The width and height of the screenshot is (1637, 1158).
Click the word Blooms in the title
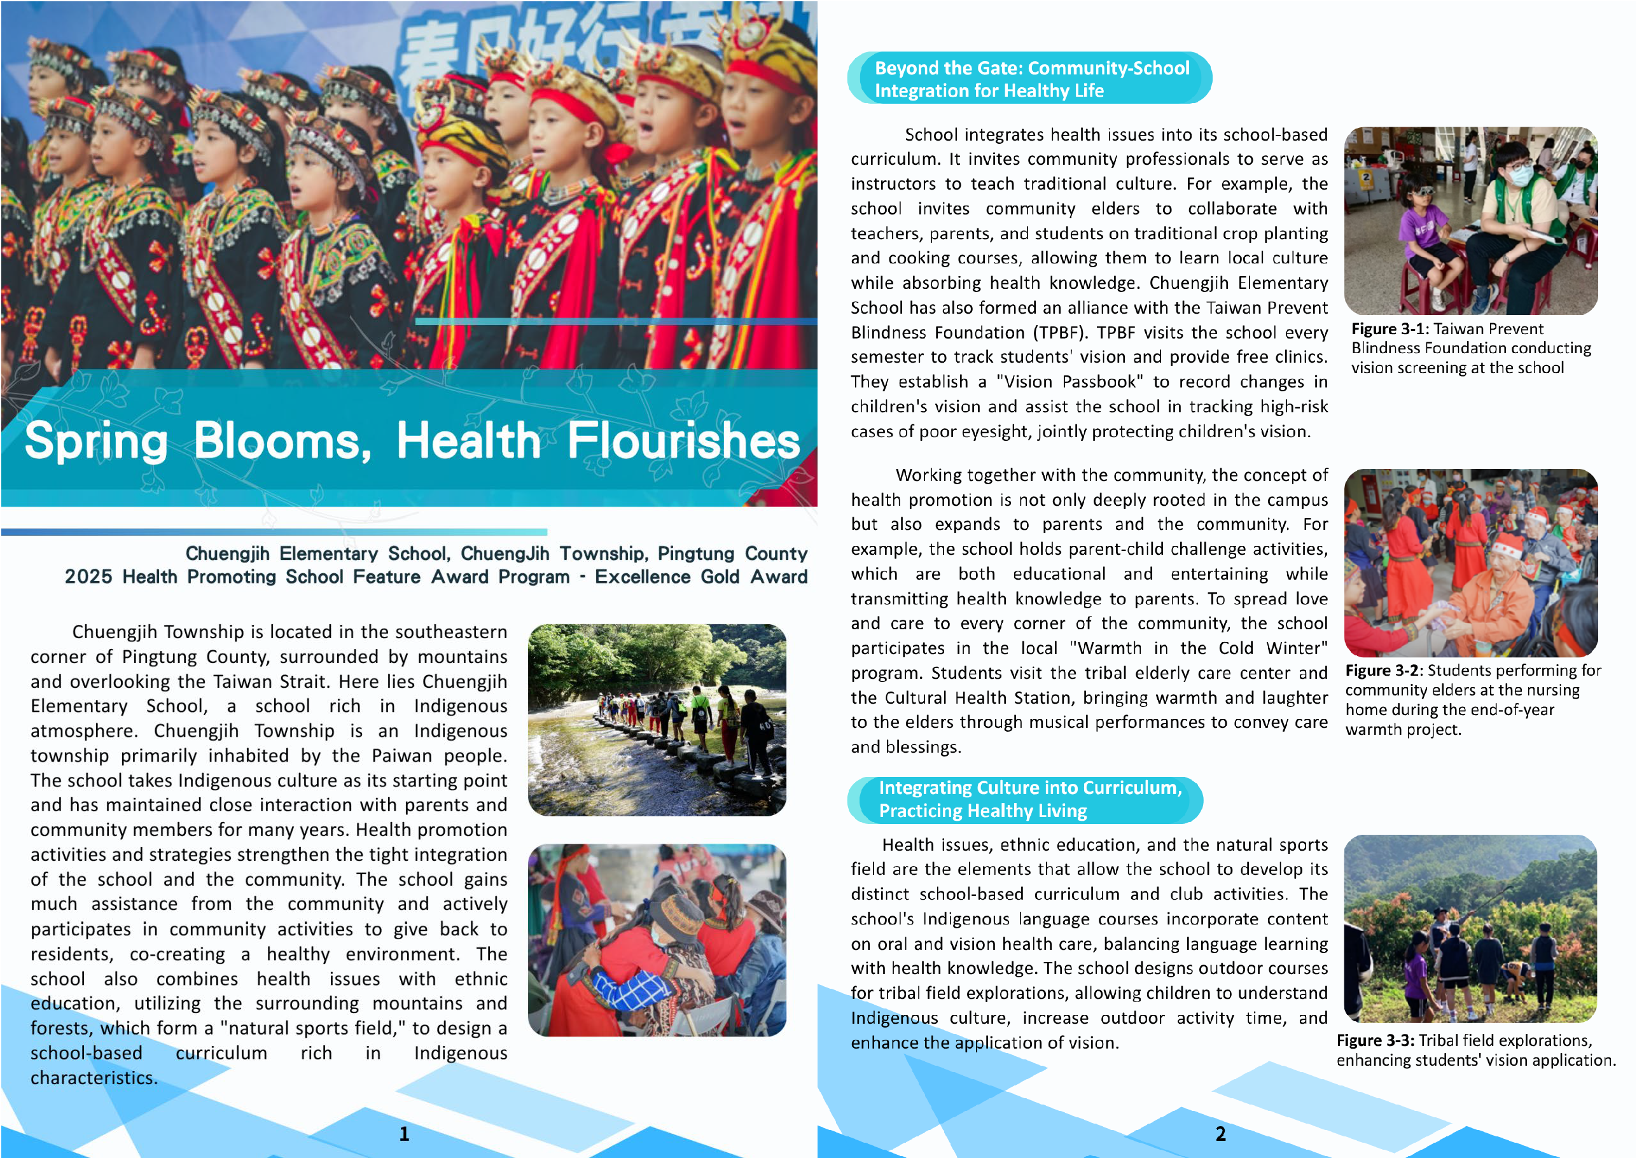click(282, 441)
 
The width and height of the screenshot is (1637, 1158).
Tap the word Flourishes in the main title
click(683, 441)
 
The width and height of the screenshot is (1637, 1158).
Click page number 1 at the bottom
click(404, 1134)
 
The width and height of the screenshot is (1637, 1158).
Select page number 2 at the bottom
click(1221, 1134)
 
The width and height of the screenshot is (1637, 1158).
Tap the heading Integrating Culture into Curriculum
click(1029, 788)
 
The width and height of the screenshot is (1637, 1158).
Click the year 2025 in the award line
click(88, 577)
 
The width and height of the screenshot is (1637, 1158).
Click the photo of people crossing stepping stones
click(657, 720)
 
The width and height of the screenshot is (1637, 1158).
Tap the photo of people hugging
click(657, 940)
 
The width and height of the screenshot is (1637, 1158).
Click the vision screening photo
click(1470, 221)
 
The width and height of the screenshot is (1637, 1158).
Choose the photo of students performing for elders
click(1470, 562)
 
